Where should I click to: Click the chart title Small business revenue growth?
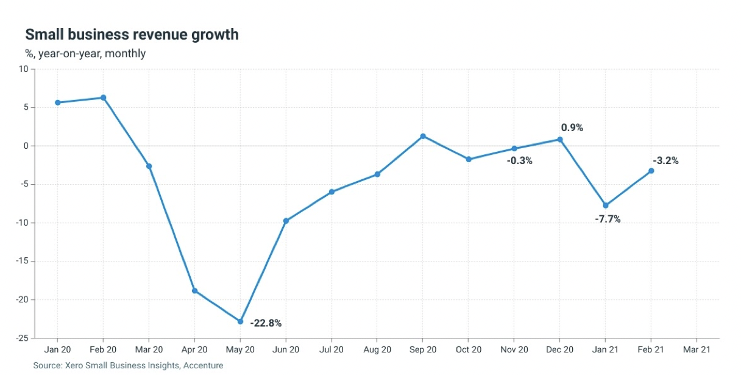coord(132,35)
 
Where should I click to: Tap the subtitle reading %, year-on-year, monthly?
coord(85,54)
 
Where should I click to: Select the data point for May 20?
coord(240,321)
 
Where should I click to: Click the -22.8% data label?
coord(266,323)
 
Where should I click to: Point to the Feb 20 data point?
coord(104,98)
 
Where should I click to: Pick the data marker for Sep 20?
coord(423,136)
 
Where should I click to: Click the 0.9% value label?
coord(572,127)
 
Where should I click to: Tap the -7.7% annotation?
coord(608,219)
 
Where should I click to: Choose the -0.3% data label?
coord(519,161)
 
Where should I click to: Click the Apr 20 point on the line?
coord(195,291)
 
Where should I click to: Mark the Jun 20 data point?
coord(286,221)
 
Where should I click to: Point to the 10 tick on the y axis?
coord(23,69)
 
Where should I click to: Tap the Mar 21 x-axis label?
coord(697,350)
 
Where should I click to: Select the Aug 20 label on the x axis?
coord(377,350)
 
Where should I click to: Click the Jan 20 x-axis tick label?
coord(58,350)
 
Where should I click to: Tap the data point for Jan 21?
coord(606,205)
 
